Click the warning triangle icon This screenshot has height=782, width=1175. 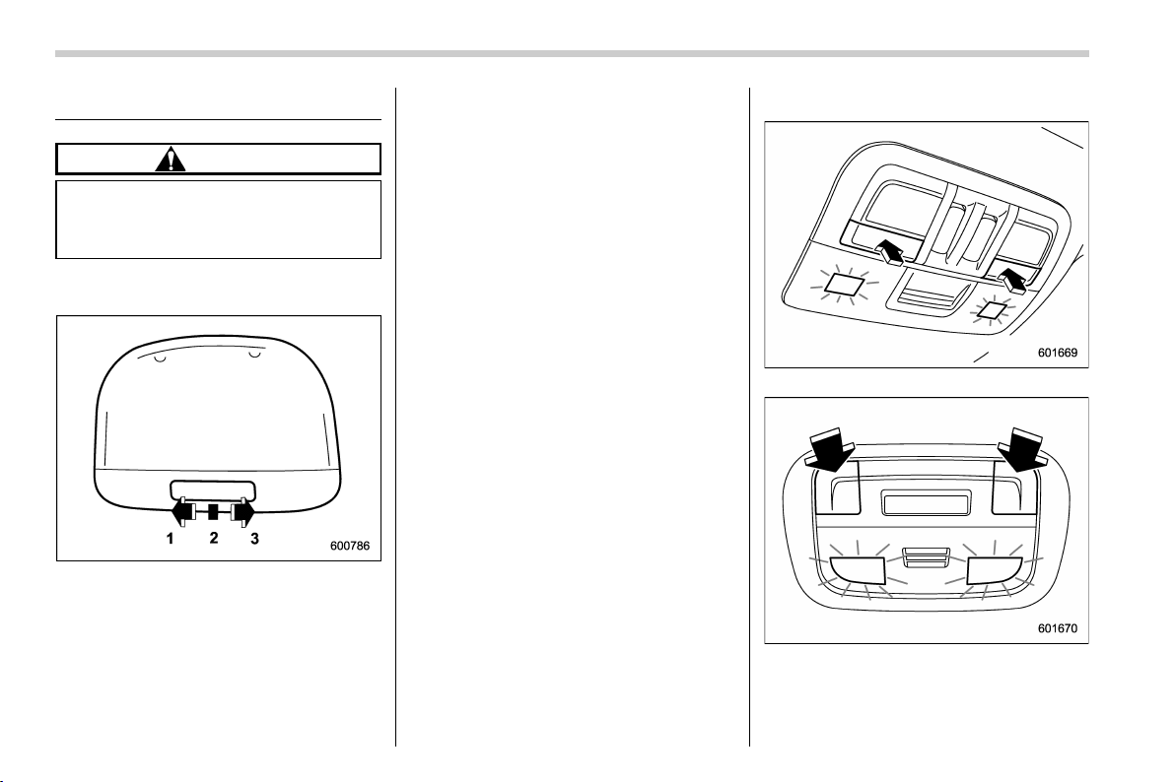pos(171,160)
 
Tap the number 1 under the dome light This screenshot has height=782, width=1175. pos(171,539)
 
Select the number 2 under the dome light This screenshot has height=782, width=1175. pos(214,538)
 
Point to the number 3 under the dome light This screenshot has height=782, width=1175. pos(254,539)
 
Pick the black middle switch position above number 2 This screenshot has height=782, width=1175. pos(213,512)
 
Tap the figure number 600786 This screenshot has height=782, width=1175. pos(350,546)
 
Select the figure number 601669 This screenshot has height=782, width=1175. pos(1058,352)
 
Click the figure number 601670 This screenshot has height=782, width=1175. pos(1058,628)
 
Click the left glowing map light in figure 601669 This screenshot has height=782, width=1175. pos(844,283)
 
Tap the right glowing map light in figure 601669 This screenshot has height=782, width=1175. pos(993,308)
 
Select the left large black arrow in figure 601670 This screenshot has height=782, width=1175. pos(832,449)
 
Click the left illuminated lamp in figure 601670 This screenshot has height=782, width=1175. pos(858,571)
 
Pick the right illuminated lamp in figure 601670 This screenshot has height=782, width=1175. pos(996,571)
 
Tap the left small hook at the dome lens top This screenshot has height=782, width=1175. pos(159,358)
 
